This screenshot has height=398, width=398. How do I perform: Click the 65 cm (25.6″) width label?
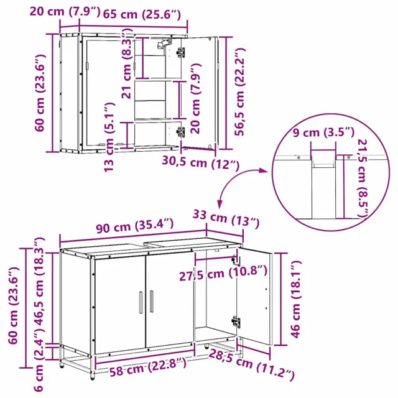tap(142, 15)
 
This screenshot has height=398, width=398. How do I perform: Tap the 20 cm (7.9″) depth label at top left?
tap(65, 12)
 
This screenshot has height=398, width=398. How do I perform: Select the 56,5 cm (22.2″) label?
tap(239, 92)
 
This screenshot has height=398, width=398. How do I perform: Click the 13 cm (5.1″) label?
tap(109, 137)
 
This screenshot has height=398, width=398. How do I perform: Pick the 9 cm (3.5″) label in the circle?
tap(323, 132)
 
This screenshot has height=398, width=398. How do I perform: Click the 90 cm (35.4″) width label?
tap(135, 225)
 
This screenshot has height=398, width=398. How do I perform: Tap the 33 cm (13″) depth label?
tap(226, 218)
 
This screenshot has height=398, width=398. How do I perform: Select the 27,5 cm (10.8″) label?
tap(223, 274)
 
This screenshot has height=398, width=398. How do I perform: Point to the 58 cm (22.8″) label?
tap(148, 367)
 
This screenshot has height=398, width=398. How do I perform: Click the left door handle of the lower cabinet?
tap(141, 303)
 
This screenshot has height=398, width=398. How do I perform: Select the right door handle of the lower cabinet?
tap(152, 301)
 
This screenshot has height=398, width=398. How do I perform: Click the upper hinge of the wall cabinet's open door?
tap(181, 52)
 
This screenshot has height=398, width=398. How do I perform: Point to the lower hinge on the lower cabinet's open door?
tap(236, 322)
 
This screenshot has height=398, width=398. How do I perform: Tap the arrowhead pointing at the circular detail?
tap(264, 170)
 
